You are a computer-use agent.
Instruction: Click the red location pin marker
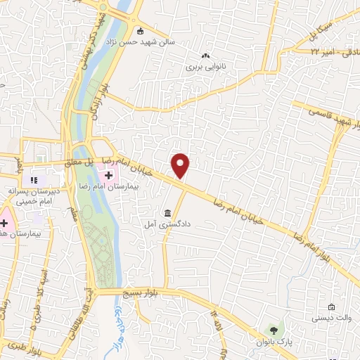(181, 165)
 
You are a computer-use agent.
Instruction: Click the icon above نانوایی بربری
(205, 56)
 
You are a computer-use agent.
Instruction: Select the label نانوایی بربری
(205, 68)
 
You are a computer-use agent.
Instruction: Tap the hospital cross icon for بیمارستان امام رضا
(117, 174)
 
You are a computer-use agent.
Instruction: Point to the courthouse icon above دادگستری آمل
(167, 213)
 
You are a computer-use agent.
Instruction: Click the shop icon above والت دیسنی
(331, 307)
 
